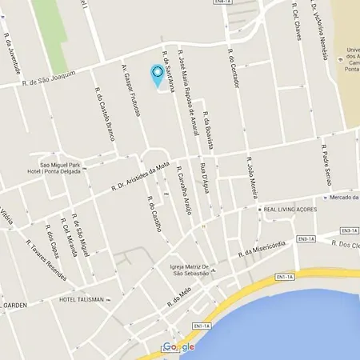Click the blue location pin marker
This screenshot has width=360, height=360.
158,75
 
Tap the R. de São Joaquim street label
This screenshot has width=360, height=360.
47,78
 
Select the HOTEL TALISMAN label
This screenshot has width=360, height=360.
82,300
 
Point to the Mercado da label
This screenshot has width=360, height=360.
342,197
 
